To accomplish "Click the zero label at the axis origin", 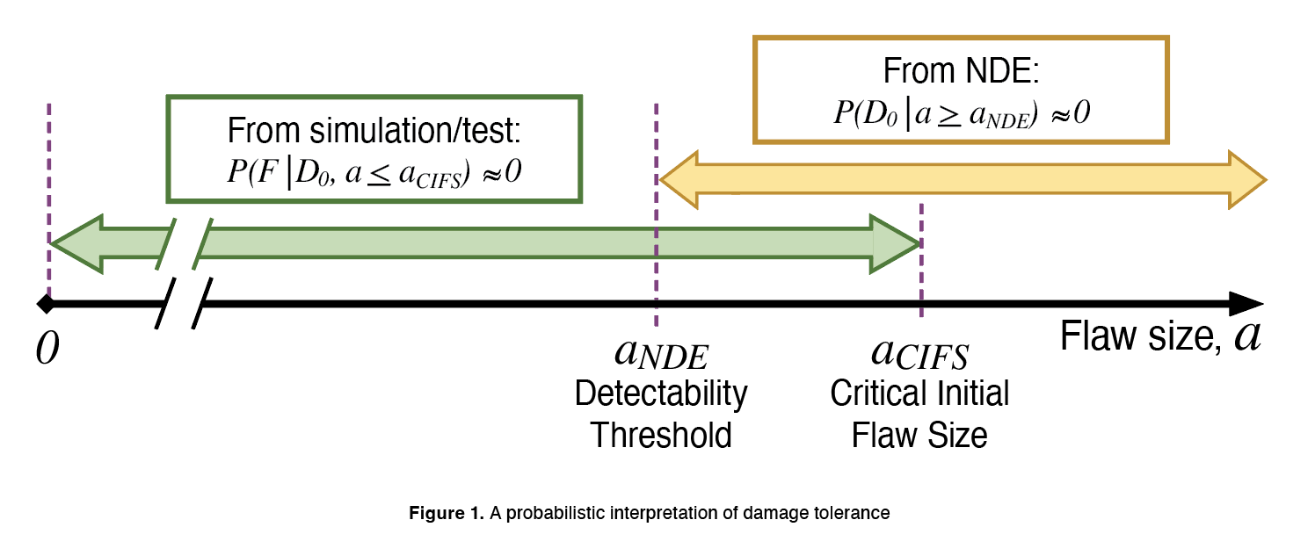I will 48,349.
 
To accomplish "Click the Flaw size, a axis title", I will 1160,336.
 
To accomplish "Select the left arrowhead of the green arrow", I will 75,242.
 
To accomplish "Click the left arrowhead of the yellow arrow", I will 679,180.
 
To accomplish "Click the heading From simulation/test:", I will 374,132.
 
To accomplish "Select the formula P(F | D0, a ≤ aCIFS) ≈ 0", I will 374,171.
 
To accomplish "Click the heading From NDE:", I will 961,70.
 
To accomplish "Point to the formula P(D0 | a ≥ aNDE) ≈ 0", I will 961,114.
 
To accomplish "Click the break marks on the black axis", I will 184,304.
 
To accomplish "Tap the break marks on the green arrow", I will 185,243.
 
